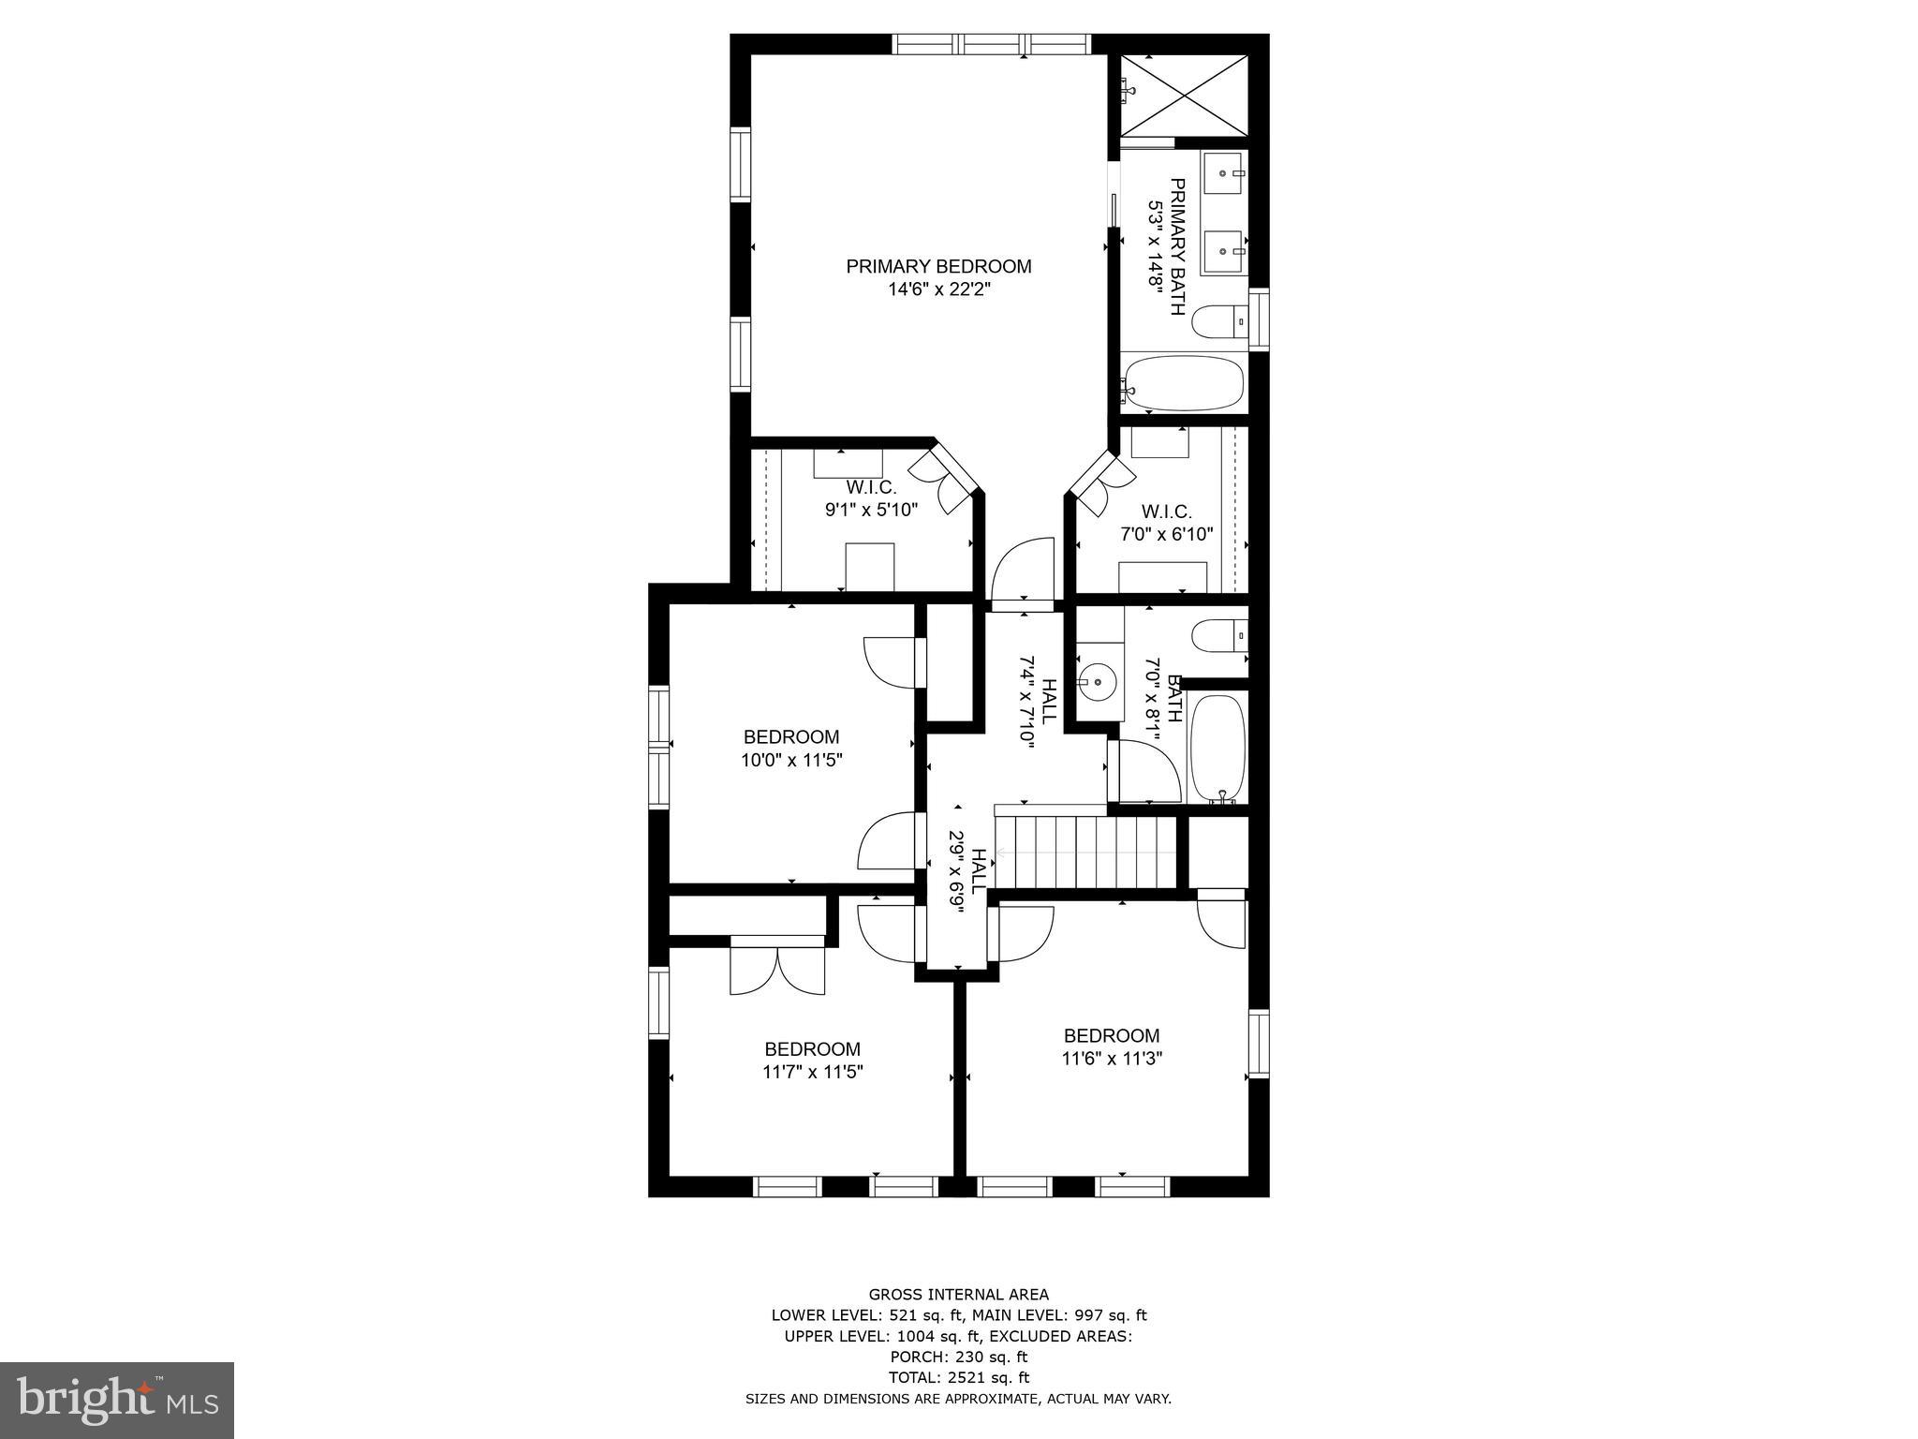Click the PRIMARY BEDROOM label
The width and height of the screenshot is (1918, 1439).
[x=938, y=266]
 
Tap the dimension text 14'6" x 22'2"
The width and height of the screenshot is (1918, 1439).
[x=939, y=290]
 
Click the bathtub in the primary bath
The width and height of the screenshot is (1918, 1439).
[x=1185, y=383]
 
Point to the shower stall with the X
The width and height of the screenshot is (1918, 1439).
[x=1185, y=95]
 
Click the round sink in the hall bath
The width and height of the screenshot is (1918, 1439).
[x=1097, y=680]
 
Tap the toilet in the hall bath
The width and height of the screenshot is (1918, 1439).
[x=1220, y=636]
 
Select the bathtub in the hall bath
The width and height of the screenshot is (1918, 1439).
[x=1218, y=747]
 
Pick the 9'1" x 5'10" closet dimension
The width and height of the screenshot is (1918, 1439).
[x=871, y=511]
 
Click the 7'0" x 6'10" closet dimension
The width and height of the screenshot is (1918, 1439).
[x=1167, y=535]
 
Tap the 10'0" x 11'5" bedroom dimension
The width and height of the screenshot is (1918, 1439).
[x=792, y=761]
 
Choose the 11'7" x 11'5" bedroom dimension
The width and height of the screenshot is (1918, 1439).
[x=812, y=1073]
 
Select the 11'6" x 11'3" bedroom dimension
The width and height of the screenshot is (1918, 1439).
[x=1112, y=1059]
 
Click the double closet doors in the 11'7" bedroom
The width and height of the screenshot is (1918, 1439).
[x=777, y=968]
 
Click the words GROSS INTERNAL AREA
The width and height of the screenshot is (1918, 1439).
[x=958, y=1295]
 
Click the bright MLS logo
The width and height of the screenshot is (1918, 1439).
[x=117, y=1400]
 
